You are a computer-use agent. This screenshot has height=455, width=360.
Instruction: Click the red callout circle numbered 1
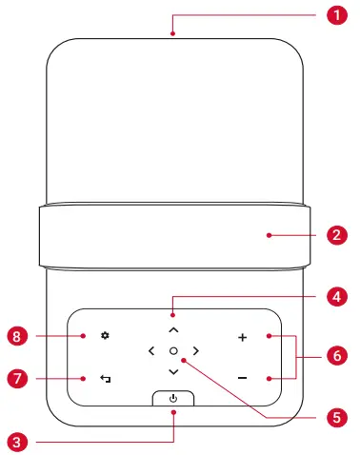coord(335,15)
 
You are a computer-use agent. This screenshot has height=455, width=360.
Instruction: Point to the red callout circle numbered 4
coord(335,297)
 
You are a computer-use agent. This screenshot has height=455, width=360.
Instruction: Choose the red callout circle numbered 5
coord(335,417)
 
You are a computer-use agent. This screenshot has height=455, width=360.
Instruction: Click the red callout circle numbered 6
coord(335,357)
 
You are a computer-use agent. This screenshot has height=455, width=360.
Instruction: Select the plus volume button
coord(242,337)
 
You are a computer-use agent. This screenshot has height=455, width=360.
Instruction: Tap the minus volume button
coord(242,378)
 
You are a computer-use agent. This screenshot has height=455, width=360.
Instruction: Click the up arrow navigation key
coord(172,328)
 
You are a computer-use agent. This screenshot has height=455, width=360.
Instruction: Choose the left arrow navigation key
coord(150,351)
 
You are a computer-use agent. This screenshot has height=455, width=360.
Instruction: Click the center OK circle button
coord(172,351)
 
